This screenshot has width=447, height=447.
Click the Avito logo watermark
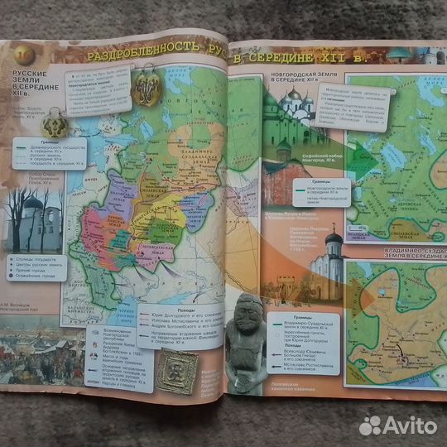click(397, 425)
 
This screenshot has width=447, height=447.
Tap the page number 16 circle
click(22, 54)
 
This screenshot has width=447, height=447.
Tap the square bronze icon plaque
click(177, 372)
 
